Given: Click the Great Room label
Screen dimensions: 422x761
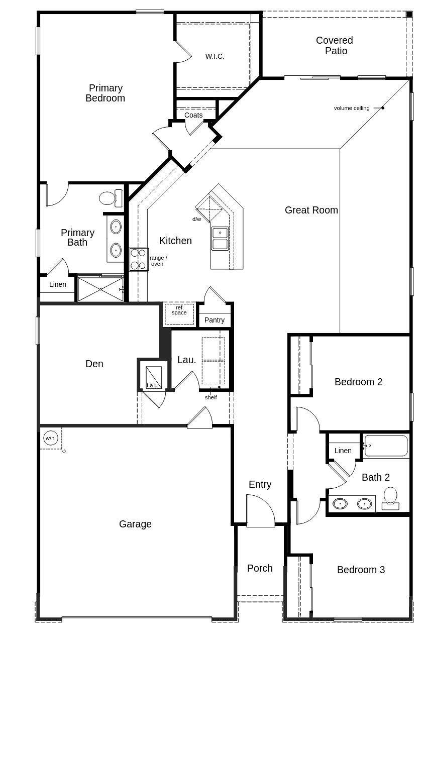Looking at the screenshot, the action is [x=311, y=210].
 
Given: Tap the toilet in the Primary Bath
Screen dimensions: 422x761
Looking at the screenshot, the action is [x=111, y=198].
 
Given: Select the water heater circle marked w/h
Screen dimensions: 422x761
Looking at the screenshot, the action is [x=50, y=438].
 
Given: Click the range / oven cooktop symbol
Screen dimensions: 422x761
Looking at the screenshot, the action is [x=139, y=259].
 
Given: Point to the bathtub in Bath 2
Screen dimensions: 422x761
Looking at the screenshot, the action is [x=386, y=446].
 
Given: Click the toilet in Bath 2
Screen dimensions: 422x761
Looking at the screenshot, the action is [x=390, y=498].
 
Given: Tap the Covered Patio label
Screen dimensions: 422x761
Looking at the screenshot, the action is [x=335, y=46].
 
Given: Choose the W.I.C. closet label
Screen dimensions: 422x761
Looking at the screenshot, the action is [x=215, y=56].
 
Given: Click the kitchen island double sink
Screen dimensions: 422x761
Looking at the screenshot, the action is [x=220, y=239].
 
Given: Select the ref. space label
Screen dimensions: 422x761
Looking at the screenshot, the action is [x=179, y=310].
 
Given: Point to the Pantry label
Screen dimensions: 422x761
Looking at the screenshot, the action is [x=215, y=320].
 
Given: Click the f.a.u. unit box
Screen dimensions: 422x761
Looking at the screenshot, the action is [x=154, y=377].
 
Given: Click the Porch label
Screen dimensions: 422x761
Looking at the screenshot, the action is [x=260, y=568].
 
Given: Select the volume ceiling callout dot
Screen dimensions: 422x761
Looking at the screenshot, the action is [x=383, y=108].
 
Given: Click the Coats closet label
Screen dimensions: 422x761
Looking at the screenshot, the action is [x=194, y=115].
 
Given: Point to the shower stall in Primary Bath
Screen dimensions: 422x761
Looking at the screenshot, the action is [x=100, y=289].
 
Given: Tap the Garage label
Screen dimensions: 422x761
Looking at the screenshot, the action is [x=135, y=524].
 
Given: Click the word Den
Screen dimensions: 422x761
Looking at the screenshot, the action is [x=94, y=364].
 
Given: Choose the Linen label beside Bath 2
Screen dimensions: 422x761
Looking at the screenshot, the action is [x=343, y=451].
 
